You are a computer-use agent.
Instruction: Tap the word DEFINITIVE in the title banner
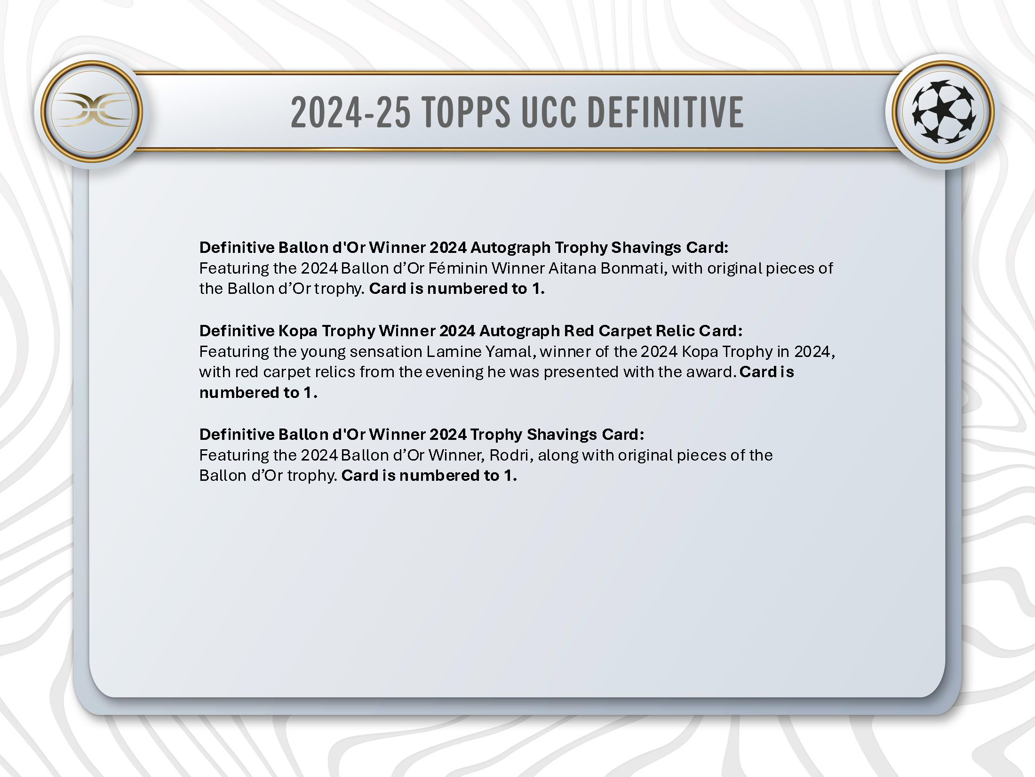tap(666, 112)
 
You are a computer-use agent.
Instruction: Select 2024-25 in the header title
tap(350, 112)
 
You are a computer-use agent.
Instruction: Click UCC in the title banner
tap(549, 112)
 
